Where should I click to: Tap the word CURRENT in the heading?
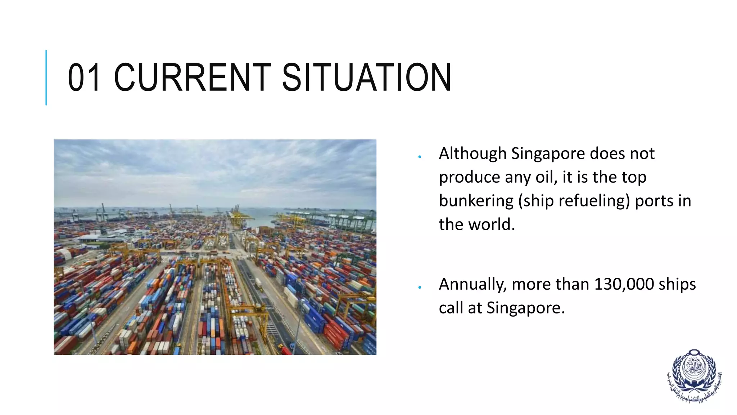(193, 77)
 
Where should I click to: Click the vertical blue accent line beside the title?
(46, 77)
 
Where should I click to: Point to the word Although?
(473, 154)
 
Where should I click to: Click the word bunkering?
(476, 201)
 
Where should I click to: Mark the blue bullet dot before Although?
(420, 157)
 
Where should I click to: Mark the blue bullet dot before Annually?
(420, 287)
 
